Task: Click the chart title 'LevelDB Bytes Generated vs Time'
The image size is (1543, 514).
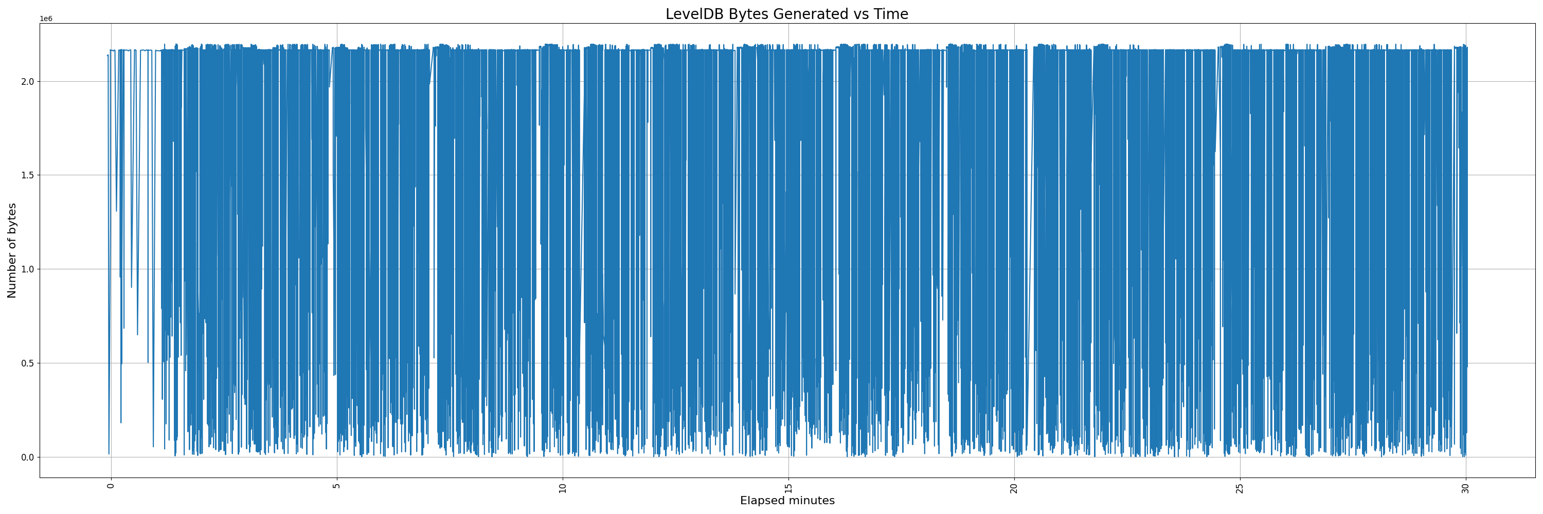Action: coord(786,14)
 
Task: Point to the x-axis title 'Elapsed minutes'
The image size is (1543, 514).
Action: coord(787,500)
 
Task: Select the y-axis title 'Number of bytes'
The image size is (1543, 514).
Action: coord(12,250)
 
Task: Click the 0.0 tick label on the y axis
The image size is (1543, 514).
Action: coord(28,457)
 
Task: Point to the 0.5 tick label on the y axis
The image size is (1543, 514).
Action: coord(28,363)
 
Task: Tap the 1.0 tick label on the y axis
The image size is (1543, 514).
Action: coord(28,269)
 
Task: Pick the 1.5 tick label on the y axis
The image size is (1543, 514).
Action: coord(28,175)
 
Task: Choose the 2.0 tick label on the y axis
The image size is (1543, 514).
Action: coord(28,81)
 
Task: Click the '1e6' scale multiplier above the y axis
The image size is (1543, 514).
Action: coord(46,19)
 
